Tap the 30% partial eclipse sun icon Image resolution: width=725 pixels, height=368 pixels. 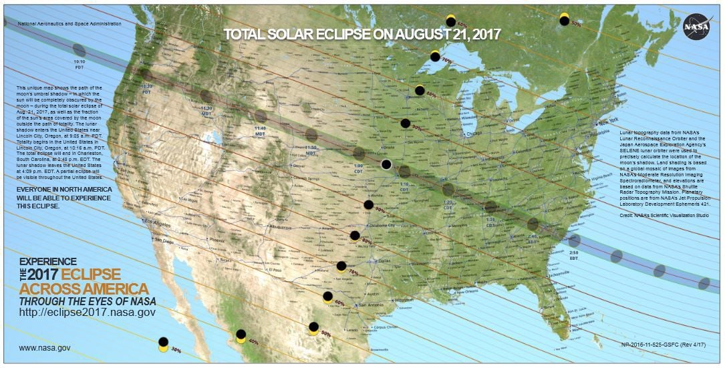tap(163, 344)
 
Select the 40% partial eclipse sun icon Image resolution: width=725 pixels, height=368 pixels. tap(241, 337)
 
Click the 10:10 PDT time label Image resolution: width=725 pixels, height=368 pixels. tap(80, 63)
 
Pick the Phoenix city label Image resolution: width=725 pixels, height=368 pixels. tap(217, 239)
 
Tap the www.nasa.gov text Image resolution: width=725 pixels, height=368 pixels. tap(45, 347)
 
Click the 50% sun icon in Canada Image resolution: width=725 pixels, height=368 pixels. tap(564, 19)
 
